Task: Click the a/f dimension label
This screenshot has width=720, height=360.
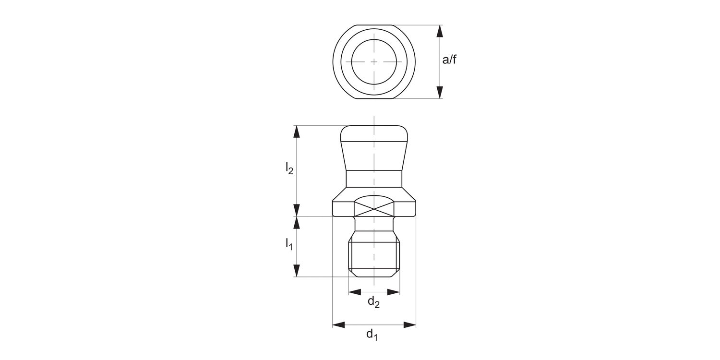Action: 449,60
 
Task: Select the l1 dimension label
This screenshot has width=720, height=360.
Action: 289,244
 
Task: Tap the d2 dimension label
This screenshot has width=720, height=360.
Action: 373,302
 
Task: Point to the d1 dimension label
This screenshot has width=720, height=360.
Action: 372,335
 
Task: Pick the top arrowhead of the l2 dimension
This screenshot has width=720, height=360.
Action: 297,132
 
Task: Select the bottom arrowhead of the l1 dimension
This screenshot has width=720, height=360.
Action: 297,271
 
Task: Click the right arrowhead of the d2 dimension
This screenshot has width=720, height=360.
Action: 394,292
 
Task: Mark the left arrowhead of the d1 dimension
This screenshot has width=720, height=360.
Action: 339,325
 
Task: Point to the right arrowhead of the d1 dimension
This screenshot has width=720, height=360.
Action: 409,325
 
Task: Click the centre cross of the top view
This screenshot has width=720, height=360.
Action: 374,61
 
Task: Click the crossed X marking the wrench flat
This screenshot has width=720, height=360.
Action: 374,209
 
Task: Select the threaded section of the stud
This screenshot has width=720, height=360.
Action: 374,254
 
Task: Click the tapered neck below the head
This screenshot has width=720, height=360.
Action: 374,156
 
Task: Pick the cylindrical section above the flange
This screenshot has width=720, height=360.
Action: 374,179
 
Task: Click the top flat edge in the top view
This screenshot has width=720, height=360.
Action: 374,25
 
